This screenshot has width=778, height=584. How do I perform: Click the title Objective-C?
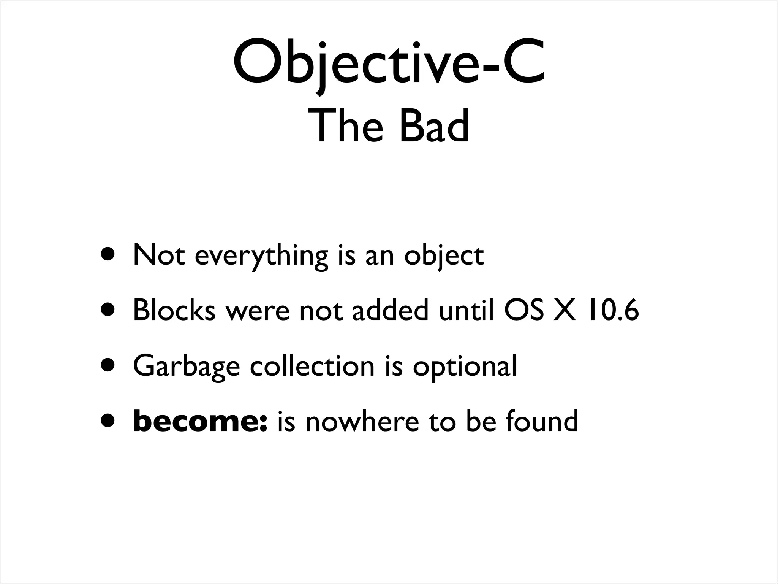click(389, 63)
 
